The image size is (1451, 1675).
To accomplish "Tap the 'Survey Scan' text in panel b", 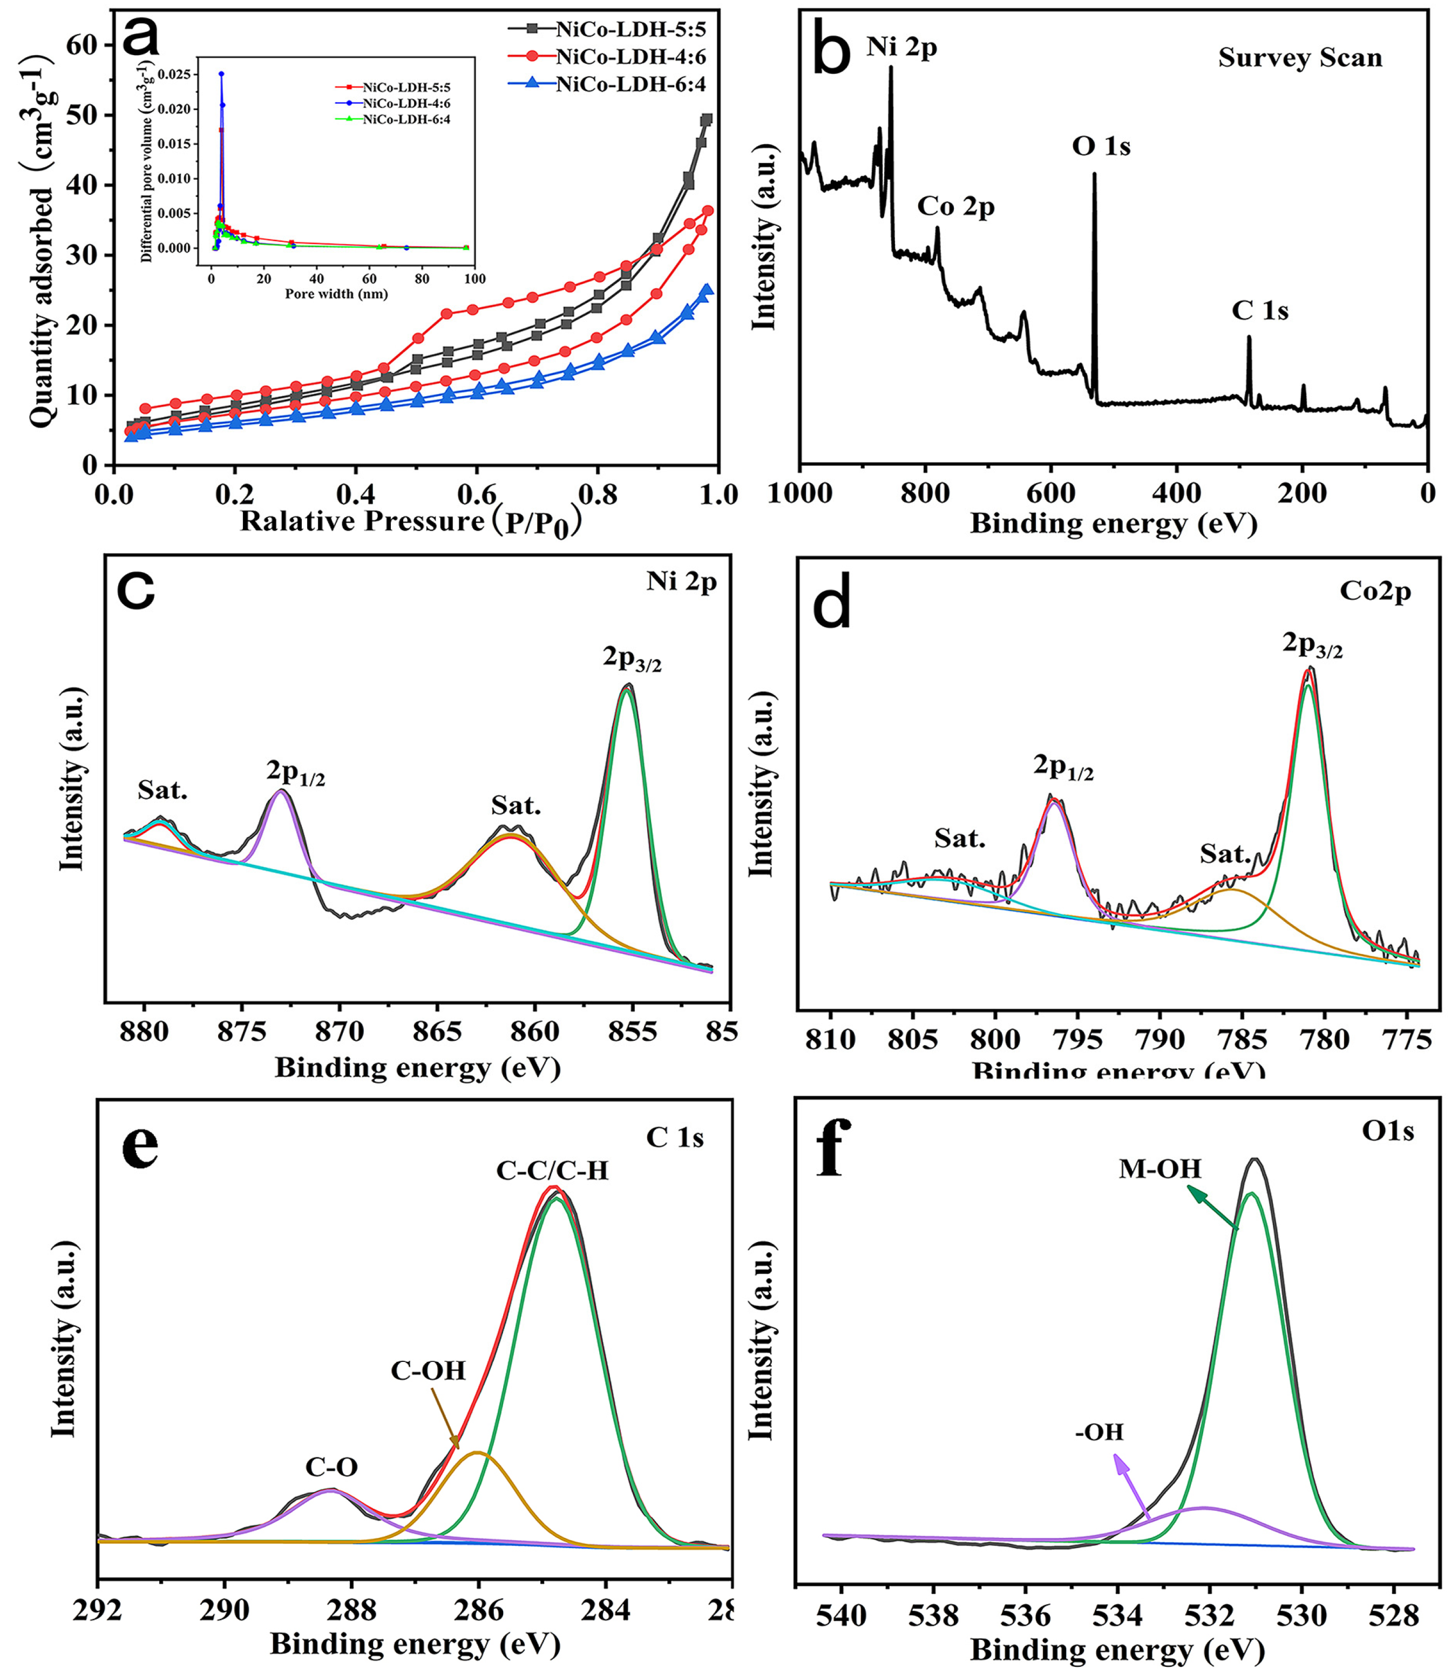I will coord(1300,58).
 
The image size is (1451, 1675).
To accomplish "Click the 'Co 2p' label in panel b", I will coord(955,207).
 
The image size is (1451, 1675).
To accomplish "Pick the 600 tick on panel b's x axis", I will coord(1050,493).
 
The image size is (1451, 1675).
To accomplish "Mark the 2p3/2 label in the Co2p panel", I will coord(1312,645).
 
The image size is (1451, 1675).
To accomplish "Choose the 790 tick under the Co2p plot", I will coord(1160,1039).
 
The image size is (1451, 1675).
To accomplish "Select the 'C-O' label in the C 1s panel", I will coord(331,1467).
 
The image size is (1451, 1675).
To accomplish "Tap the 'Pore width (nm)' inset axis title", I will coord(336,294).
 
